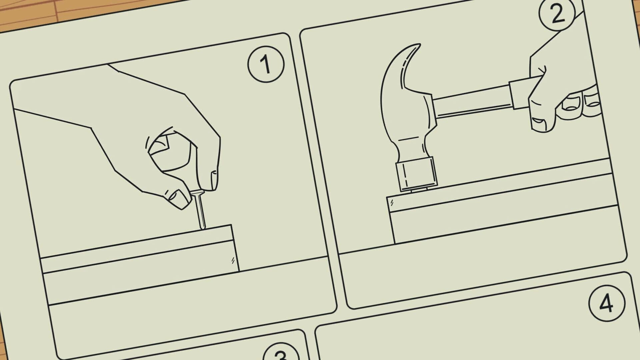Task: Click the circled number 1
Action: (x=266, y=64)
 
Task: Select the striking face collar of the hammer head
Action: (x=416, y=174)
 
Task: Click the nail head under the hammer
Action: (x=418, y=190)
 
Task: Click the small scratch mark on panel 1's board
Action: (x=233, y=260)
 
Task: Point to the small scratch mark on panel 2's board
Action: (x=392, y=202)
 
